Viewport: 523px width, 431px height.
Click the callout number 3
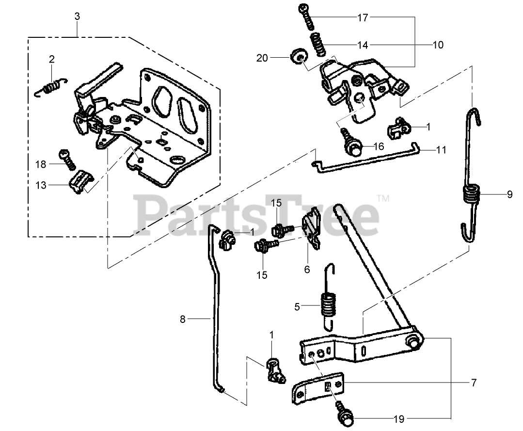(77, 16)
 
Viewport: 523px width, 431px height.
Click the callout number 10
(438, 45)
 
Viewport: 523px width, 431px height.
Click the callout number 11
(441, 150)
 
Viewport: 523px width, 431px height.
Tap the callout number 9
(509, 195)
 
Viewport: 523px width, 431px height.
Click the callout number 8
(183, 319)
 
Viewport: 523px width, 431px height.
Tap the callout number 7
(474, 383)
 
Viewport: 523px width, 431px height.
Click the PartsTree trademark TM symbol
(383, 198)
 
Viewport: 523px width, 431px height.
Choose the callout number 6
(307, 270)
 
